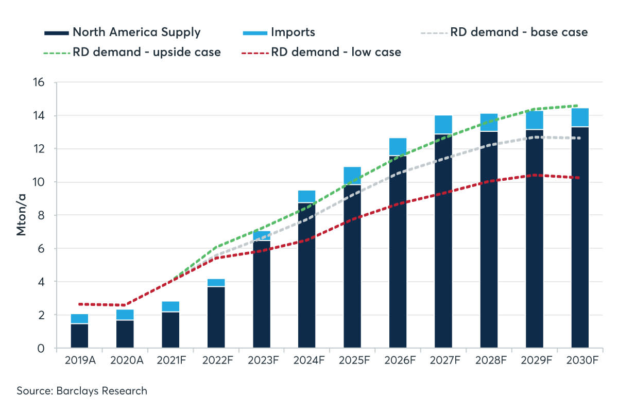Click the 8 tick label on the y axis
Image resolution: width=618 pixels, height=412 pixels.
(x=42, y=215)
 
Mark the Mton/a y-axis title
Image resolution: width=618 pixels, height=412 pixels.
(x=21, y=215)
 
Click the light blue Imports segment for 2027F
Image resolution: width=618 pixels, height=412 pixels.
(x=443, y=125)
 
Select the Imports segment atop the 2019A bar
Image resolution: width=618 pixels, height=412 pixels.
(x=79, y=318)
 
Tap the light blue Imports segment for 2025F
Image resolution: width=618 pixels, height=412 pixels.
(x=352, y=175)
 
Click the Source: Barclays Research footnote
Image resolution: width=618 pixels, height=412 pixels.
(x=82, y=391)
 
